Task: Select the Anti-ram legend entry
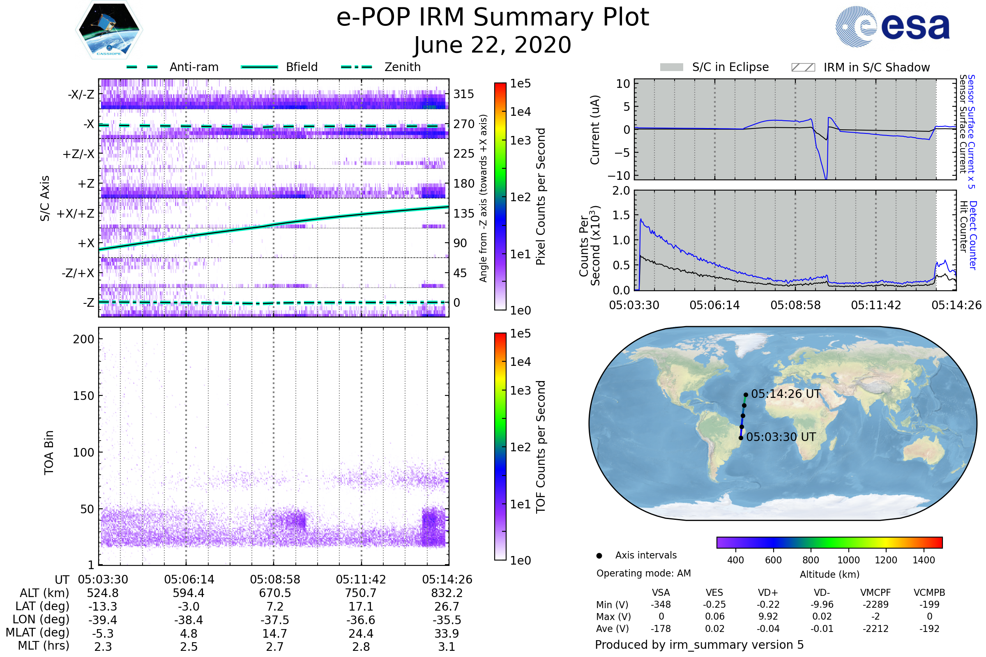pos(194,67)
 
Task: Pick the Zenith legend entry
pos(402,67)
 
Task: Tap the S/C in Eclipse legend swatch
pos(671,67)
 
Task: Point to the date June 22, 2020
pos(493,45)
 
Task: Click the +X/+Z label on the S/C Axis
pos(76,214)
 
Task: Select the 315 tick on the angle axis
pos(463,94)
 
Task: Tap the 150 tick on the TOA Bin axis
pos(83,396)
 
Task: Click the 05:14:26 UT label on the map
pos(786,394)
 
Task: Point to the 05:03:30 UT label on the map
pos(781,437)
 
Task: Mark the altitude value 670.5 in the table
pos(274,593)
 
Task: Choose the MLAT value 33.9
pos(447,633)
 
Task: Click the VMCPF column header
pos(875,593)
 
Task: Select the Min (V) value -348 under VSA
pos(661,604)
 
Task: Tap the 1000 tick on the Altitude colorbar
pos(848,560)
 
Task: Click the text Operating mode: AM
pos(643,573)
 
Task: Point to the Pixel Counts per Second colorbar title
pos(541,196)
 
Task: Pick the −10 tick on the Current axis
pos(619,175)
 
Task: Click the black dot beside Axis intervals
pos(599,556)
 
